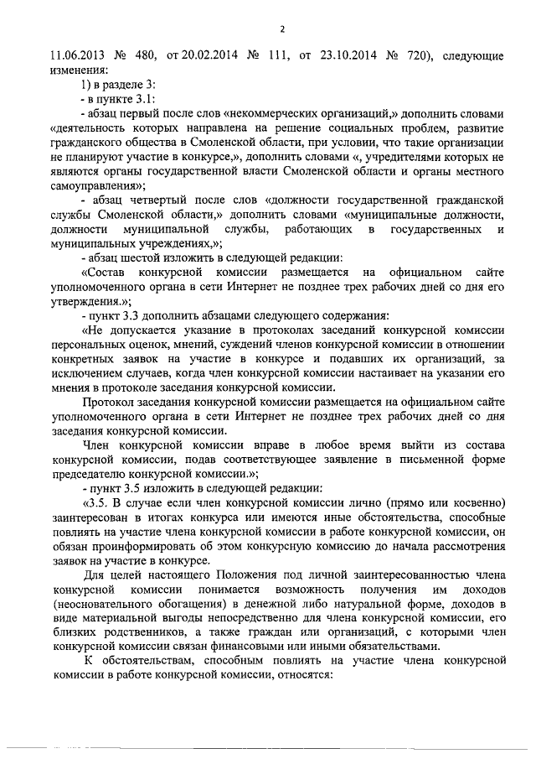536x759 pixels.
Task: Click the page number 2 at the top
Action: (x=283, y=30)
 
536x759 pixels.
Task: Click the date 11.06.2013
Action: (x=75, y=56)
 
